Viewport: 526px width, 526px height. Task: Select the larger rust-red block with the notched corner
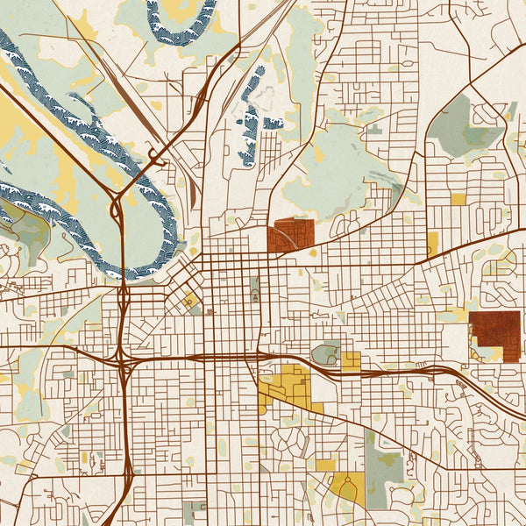494,334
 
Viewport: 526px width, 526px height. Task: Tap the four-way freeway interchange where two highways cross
123,359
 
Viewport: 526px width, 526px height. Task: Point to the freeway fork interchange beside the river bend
117,208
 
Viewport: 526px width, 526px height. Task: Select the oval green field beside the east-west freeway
327,353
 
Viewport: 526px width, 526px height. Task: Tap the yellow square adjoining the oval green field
352,360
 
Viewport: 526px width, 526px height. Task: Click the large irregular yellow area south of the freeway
286,387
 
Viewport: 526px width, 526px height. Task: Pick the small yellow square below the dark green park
458,199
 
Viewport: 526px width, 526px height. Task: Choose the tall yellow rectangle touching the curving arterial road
432,244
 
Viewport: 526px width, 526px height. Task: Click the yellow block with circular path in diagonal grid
188,301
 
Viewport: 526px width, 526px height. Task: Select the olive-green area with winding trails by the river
26,232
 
